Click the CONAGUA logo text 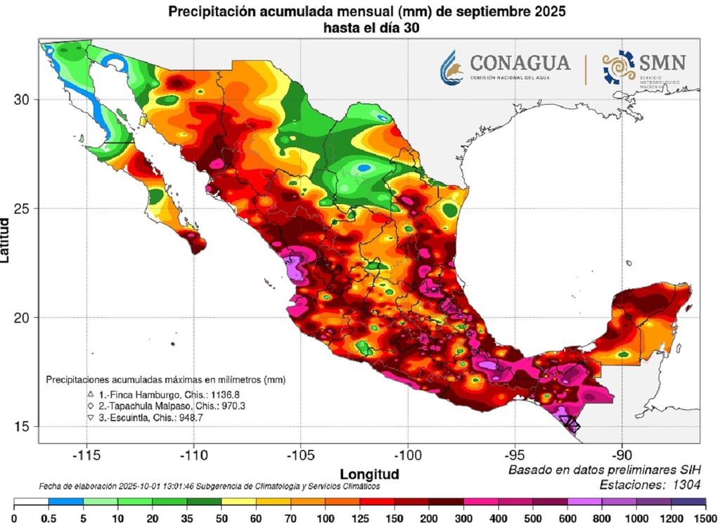520,63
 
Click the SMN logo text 662,63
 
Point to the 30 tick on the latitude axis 22,99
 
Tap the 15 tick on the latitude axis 22,426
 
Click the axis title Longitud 369,473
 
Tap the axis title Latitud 6,240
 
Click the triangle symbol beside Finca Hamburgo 91,394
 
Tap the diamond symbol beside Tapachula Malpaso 91,406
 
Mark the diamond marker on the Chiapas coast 573,425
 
